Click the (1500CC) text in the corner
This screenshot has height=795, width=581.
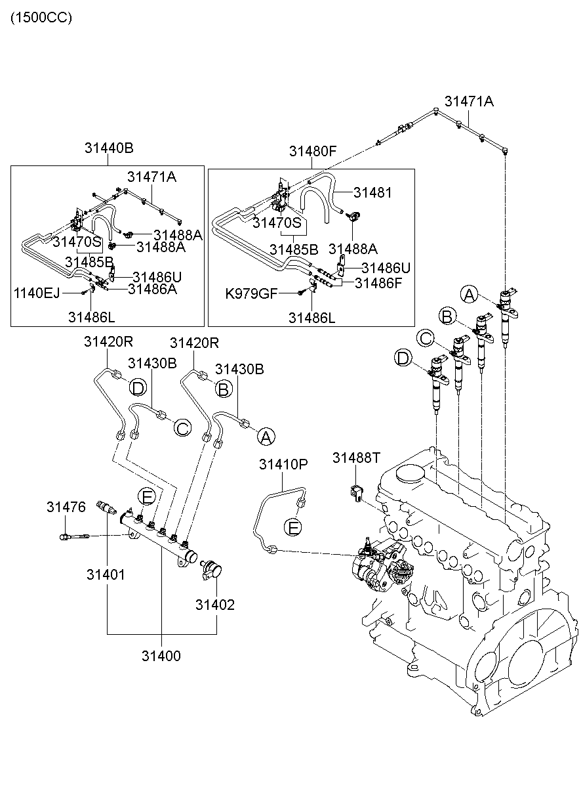[x=41, y=18]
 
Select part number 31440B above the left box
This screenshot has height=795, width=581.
[x=109, y=148]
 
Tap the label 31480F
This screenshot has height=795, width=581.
[x=313, y=152]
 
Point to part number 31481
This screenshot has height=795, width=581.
[x=372, y=193]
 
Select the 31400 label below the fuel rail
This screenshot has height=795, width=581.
[x=161, y=655]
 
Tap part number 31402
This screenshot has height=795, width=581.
[x=214, y=604]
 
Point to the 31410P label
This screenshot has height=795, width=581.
[x=283, y=464]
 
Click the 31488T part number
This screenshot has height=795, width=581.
[x=356, y=457]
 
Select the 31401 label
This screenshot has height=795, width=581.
[x=106, y=574]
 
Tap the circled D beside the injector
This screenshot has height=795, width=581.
[x=404, y=358]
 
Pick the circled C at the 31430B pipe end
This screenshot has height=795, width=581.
[x=182, y=428]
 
